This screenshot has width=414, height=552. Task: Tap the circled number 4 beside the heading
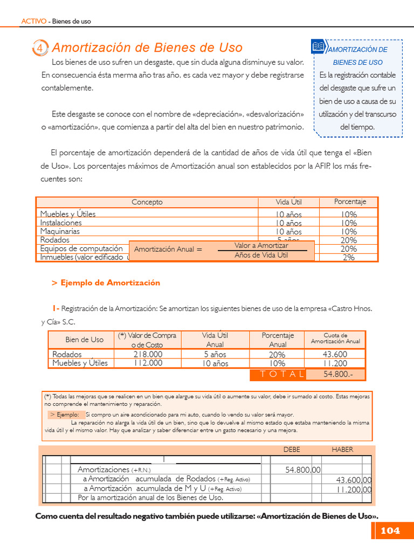(40, 49)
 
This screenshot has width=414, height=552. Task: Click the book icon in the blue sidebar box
(319, 47)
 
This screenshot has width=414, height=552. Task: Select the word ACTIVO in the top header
(33, 22)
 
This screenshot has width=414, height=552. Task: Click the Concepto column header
(147, 202)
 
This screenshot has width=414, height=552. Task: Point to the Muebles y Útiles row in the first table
(68, 214)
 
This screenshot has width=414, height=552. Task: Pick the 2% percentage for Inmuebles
(349, 258)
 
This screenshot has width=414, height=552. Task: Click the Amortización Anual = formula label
(168, 250)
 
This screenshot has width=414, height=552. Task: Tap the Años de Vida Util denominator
(261, 255)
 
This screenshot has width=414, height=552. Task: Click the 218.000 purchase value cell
(147, 354)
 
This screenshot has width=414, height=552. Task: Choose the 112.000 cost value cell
(147, 363)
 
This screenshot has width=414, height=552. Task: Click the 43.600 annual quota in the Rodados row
(335, 354)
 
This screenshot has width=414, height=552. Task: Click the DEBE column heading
(292, 450)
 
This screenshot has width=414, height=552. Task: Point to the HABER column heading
(342, 450)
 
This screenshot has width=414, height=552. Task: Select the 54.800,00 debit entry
(302, 471)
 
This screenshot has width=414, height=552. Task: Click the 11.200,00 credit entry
(354, 490)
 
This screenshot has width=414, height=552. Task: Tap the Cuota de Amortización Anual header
(335, 338)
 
